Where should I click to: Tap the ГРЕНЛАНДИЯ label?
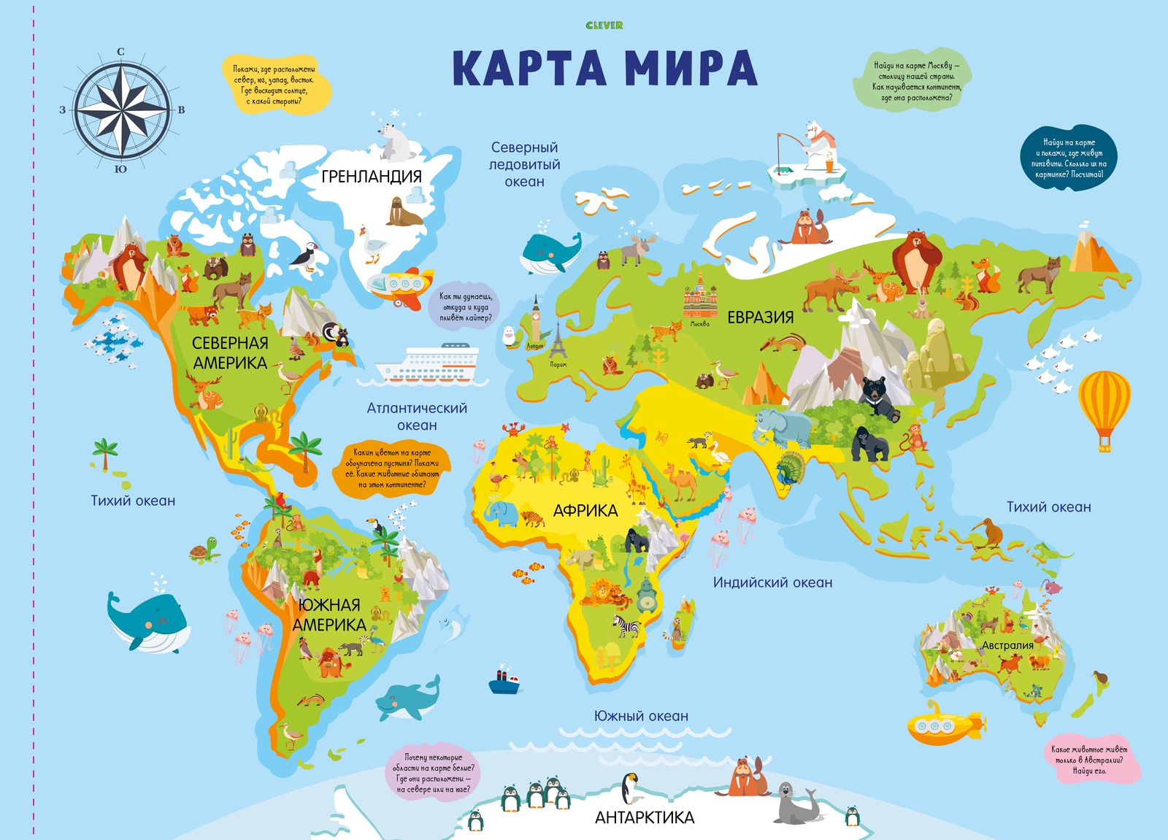point(372,176)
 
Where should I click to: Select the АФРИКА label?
point(585,511)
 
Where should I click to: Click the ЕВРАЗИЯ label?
point(760,317)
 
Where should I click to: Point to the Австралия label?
point(1007,645)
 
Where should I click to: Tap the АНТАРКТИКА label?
point(645,817)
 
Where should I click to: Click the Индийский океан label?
point(772,582)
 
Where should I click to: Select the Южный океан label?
point(641,716)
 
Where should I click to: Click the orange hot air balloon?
point(1104,405)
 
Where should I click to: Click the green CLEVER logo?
point(604,26)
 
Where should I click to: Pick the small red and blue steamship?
point(504,681)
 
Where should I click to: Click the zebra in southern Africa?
point(626,625)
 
